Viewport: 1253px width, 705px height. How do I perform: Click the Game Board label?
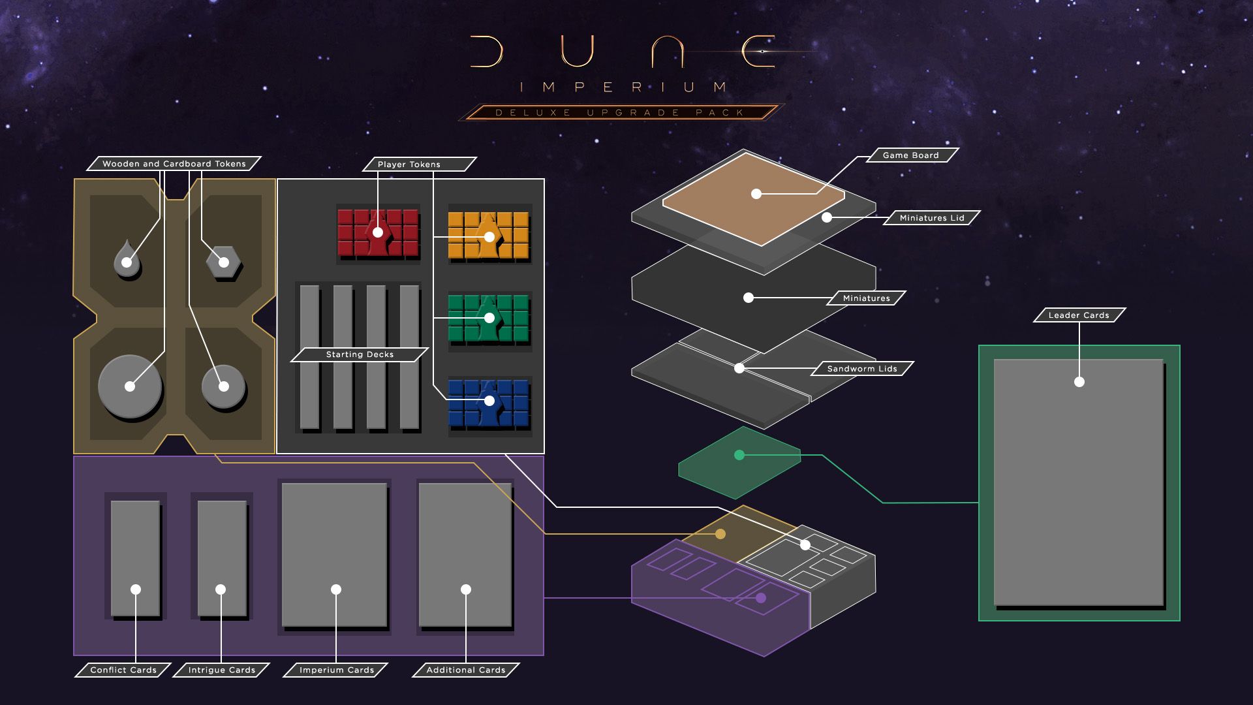coord(910,155)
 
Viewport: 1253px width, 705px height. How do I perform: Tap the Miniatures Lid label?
coord(931,218)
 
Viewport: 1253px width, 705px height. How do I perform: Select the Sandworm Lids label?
coord(861,369)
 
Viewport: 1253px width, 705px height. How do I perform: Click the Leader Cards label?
coord(1079,315)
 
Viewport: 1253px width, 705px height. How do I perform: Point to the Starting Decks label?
coord(360,354)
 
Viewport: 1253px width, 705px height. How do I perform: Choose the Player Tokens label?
coord(409,164)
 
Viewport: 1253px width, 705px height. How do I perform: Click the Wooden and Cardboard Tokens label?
coord(174,164)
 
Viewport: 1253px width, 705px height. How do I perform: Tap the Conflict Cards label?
coord(123,670)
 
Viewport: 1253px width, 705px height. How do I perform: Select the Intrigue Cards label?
coord(221,670)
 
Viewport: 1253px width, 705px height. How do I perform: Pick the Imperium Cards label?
coord(336,670)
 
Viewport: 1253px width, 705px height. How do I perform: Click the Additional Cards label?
coord(466,670)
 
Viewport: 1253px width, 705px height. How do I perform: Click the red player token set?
coord(378,233)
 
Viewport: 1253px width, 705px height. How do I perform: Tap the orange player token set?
coord(489,236)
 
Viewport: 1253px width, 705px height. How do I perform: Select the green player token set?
coord(489,319)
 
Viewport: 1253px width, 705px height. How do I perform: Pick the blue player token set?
coord(489,401)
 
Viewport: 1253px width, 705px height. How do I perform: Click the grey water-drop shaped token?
coord(127,260)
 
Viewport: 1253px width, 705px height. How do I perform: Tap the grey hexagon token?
coord(223,262)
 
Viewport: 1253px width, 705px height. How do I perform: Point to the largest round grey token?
coord(130,386)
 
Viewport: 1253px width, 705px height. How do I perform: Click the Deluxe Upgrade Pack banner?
coord(619,112)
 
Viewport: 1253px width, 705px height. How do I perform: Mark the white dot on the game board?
coord(756,194)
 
